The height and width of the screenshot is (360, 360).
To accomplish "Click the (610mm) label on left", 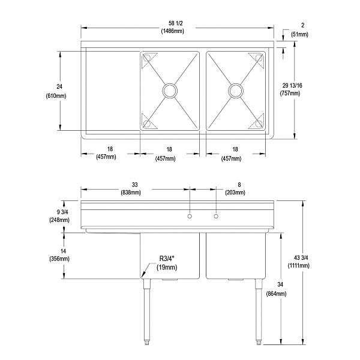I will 56,95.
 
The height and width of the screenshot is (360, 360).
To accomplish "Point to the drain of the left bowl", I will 170,91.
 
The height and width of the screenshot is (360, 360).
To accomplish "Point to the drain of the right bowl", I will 236,91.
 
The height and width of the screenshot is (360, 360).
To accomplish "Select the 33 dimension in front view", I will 131,185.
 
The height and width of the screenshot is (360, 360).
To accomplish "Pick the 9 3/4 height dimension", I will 60,212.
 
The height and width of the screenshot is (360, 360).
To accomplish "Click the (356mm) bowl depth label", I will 60,259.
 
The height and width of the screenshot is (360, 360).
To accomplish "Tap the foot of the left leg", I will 146,343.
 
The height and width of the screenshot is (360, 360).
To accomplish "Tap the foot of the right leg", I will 258,343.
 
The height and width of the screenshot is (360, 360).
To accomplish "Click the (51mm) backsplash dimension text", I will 300,35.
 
